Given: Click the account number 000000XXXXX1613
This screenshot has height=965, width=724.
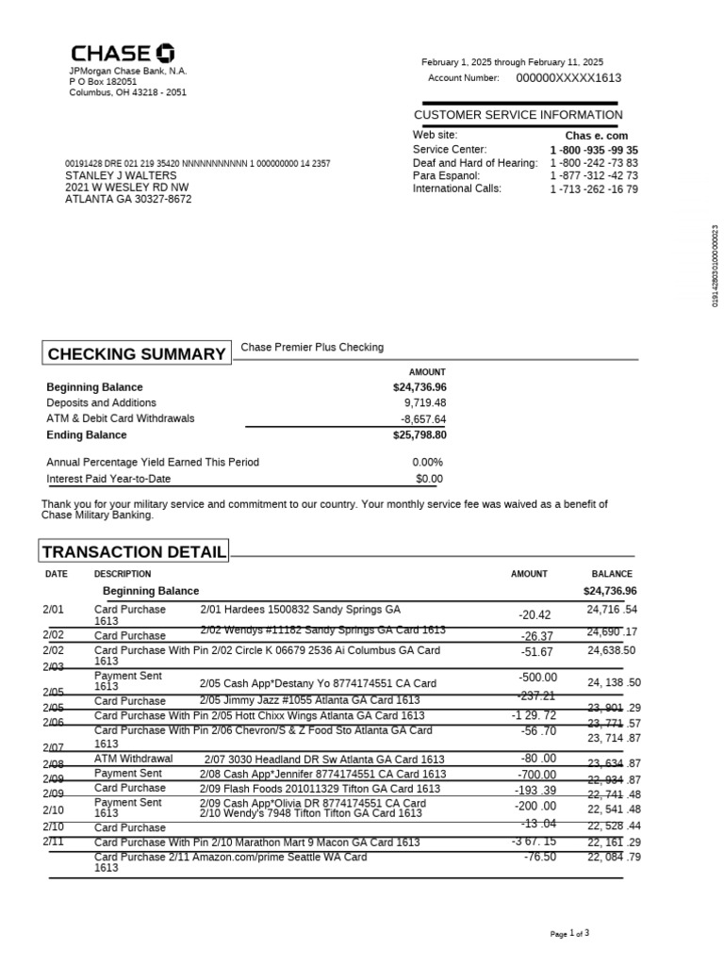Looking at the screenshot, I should tap(568, 78).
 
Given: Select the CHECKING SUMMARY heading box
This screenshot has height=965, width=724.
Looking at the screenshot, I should tap(136, 354).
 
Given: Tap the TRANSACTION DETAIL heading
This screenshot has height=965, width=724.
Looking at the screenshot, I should tap(134, 552).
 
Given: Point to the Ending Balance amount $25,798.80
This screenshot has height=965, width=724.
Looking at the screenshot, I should tap(420, 435).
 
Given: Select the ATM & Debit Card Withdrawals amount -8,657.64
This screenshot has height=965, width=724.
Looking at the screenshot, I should tap(423, 419).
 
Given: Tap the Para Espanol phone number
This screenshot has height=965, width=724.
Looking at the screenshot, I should tap(594, 176).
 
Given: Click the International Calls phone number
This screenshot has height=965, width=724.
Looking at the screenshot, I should tap(594, 189).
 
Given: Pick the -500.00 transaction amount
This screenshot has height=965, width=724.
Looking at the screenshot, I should tap(537, 678).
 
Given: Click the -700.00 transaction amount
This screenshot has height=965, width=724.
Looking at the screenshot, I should tap(537, 775).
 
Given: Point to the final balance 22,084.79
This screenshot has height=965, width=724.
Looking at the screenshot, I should tap(614, 857).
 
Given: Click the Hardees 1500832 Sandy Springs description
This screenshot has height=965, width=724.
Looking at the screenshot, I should tap(300, 610).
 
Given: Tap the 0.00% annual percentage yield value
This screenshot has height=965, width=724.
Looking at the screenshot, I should tap(427, 463).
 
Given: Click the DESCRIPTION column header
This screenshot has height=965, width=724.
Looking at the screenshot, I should tap(123, 574).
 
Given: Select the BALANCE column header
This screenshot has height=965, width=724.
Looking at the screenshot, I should tap(612, 574).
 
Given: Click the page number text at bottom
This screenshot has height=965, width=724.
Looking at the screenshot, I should tap(570, 934).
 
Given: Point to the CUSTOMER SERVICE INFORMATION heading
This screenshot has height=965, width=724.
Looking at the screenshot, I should tap(518, 115).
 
